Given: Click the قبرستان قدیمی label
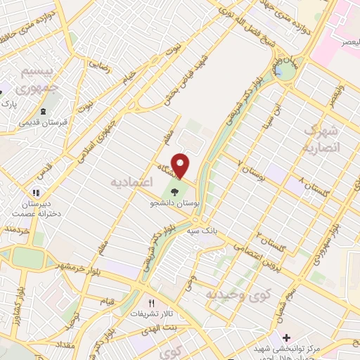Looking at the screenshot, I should click(44, 122).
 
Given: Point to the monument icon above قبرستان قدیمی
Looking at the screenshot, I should click(44, 110).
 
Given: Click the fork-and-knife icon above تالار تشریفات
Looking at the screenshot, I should click(150, 302).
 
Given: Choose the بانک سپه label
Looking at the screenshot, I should click(202, 230).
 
